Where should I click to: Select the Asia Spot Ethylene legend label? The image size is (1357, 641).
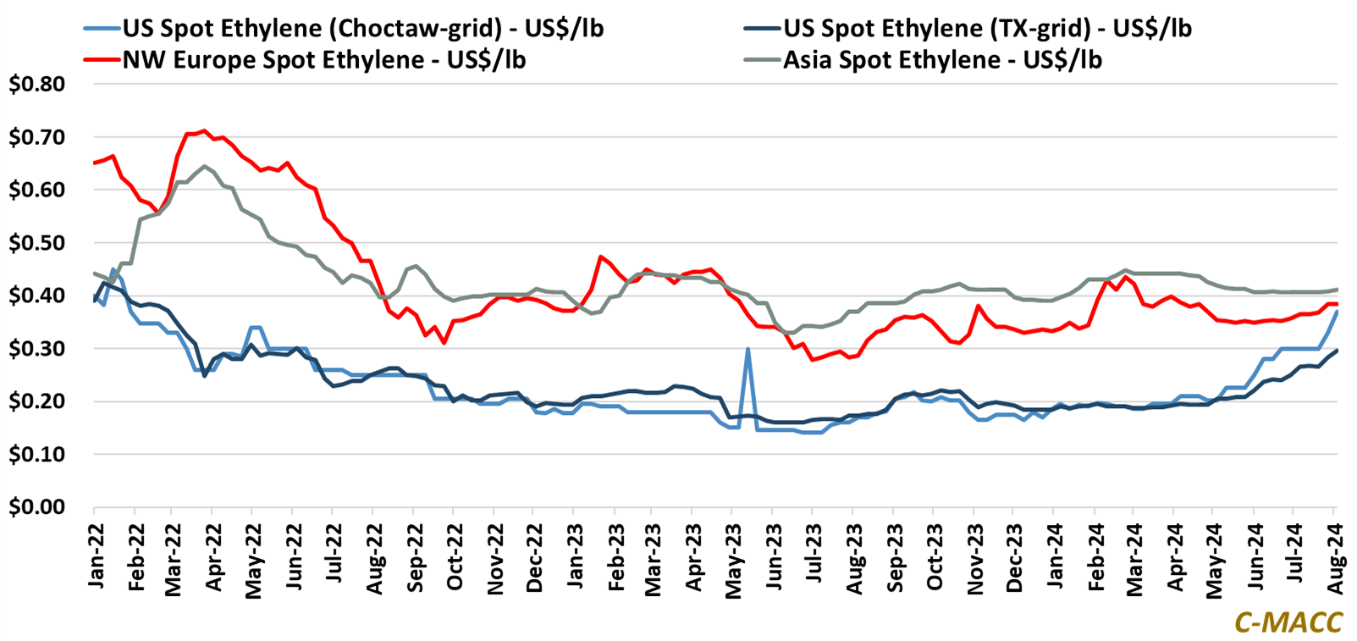(x=942, y=60)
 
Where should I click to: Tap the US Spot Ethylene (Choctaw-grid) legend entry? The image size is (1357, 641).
(x=363, y=28)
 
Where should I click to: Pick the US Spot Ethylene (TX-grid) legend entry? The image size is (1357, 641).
(x=987, y=28)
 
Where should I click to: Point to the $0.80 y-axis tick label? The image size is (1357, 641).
(x=37, y=84)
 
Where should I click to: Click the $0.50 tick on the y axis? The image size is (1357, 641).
(x=37, y=243)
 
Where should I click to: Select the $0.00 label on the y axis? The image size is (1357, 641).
(x=37, y=507)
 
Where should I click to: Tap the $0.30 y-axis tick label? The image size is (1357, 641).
(x=37, y=349)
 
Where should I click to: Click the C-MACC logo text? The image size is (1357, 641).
(x=1288, y=622)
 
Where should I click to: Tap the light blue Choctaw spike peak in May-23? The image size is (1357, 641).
(x=747, y=349)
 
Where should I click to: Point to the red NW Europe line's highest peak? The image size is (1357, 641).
(x=203, y=130)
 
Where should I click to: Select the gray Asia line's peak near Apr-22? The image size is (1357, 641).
(x=204, y=166)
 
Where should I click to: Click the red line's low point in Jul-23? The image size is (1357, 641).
(x=812, y=360)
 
